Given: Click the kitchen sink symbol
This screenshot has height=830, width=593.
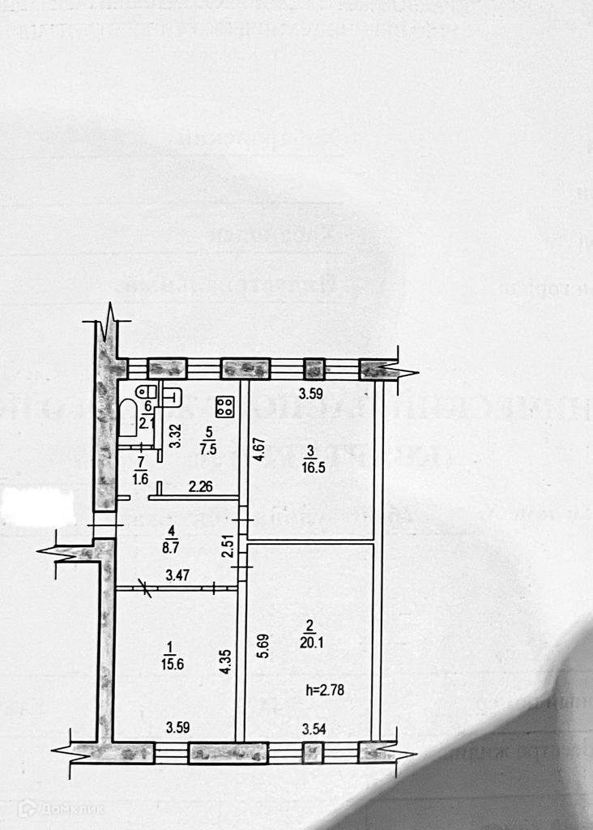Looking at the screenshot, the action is click(x=171, y=396).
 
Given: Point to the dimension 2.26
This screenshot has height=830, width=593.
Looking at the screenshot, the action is click(x=201, y=487).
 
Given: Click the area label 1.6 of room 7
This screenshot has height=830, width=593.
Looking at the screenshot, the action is click(x=141, y=478).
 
